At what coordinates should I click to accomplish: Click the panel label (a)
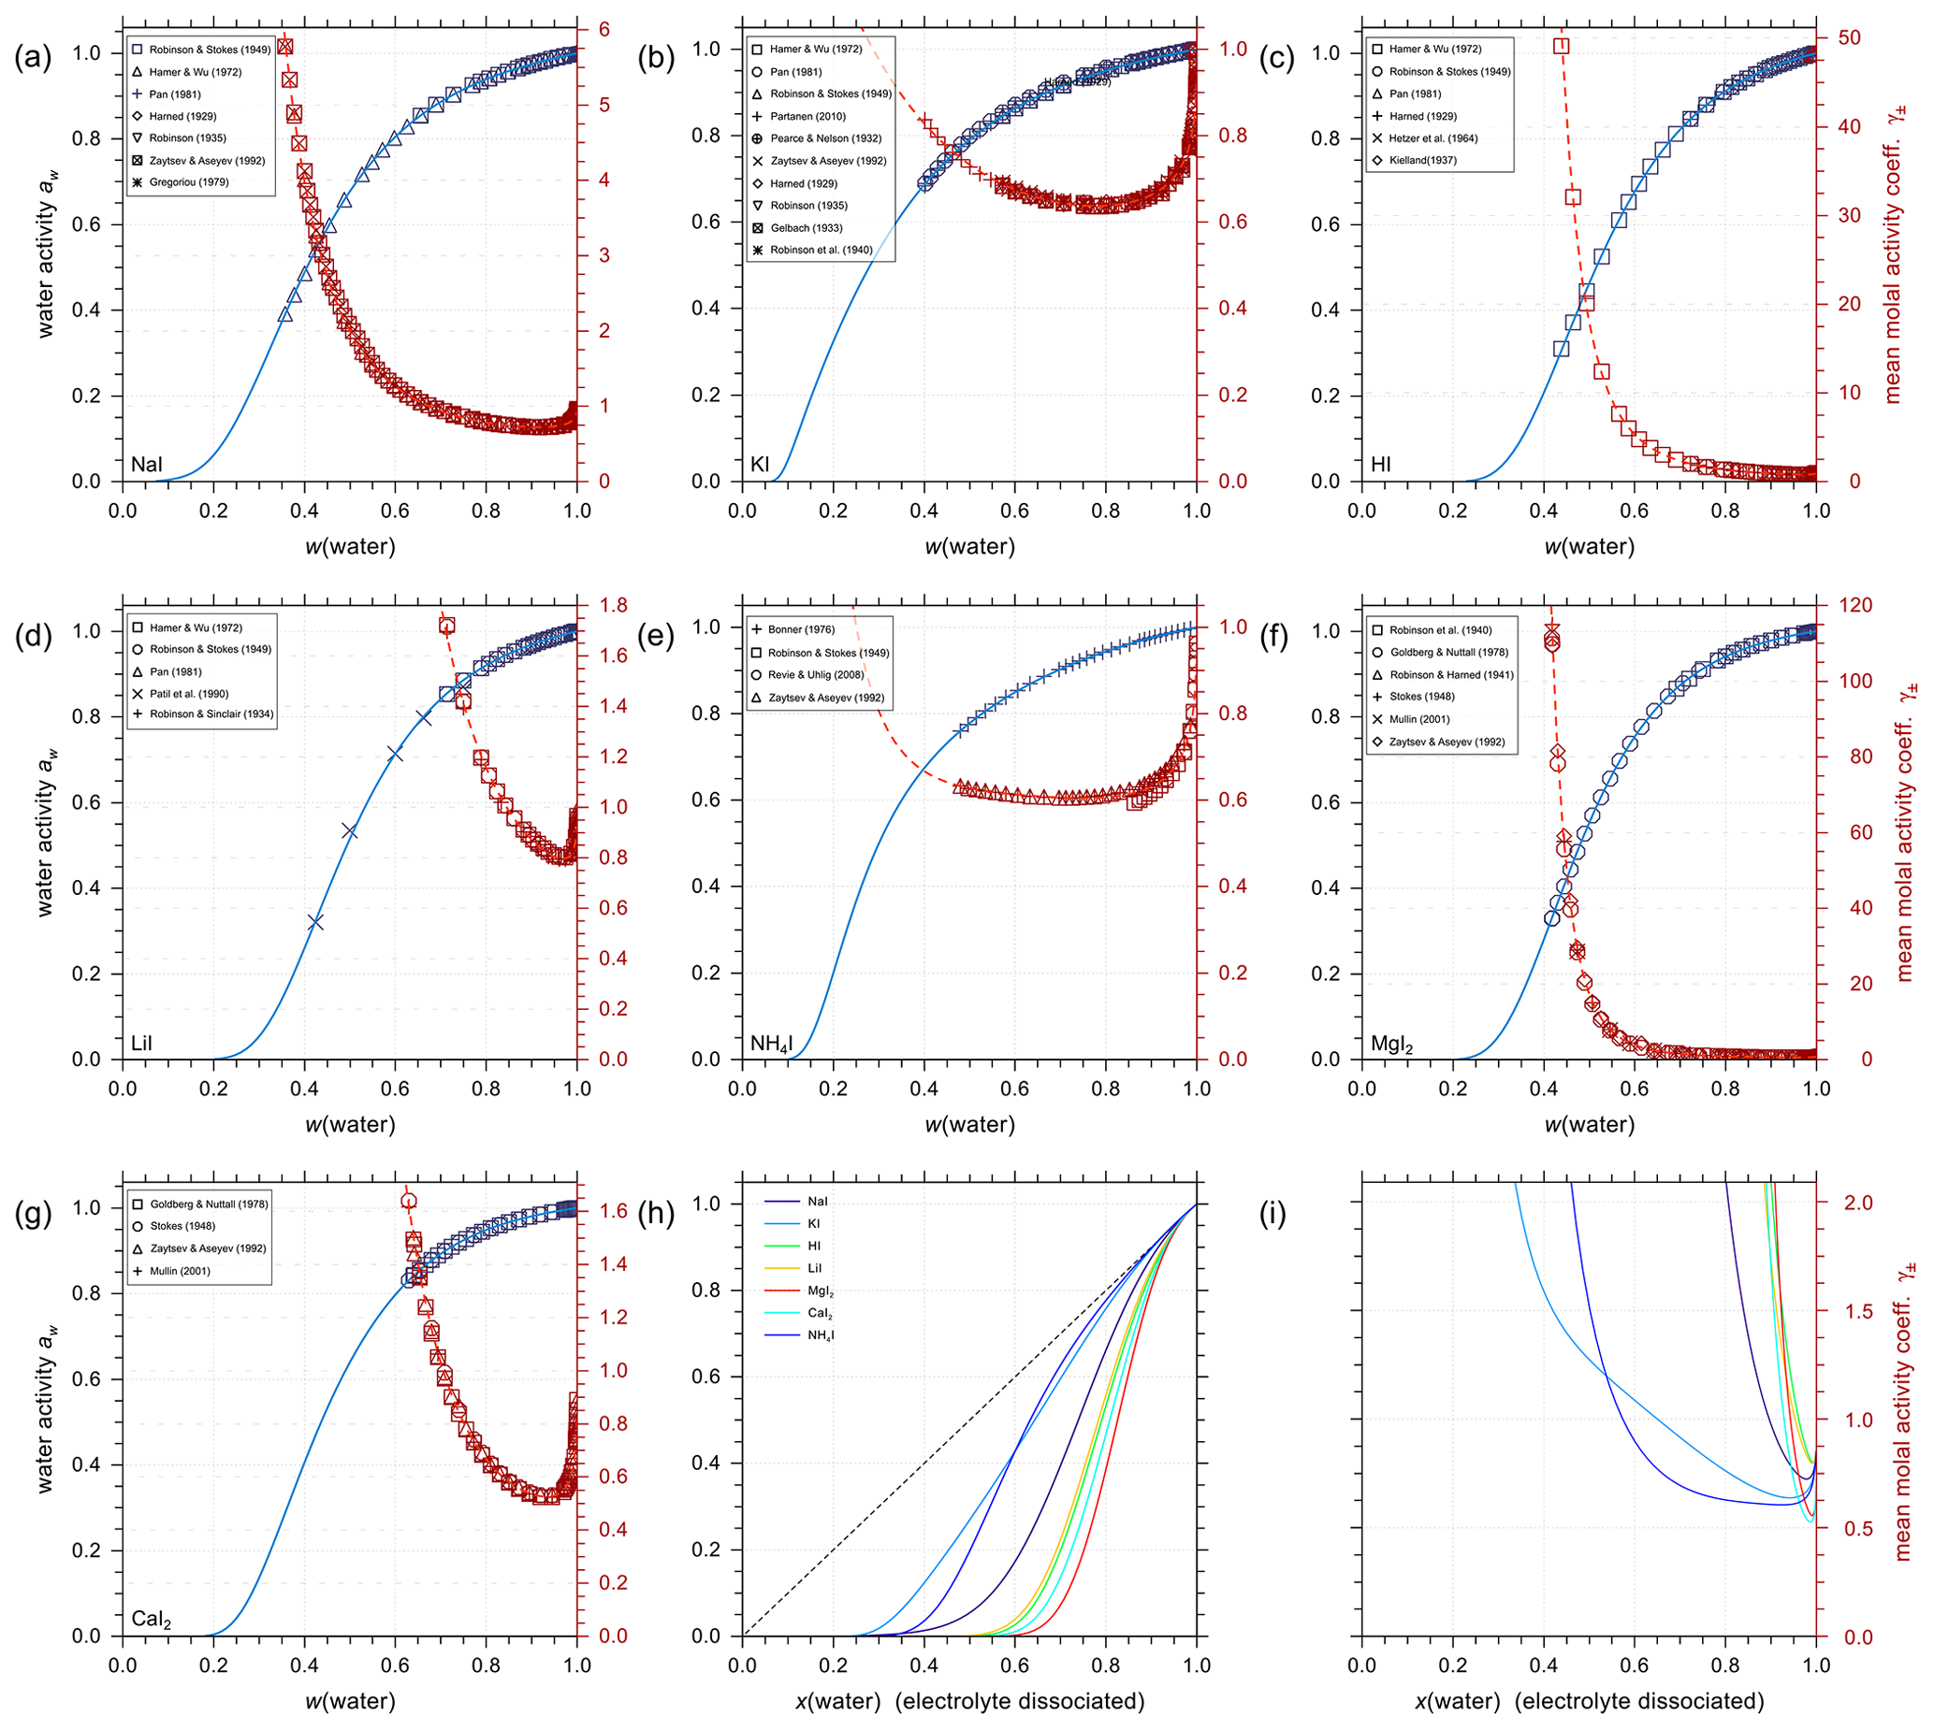33,58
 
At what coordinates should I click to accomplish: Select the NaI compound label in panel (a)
146,465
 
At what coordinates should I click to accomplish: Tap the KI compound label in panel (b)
760,465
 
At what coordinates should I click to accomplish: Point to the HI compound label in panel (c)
1381,465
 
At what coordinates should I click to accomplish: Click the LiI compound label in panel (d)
141,1044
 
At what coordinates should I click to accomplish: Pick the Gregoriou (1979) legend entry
188,182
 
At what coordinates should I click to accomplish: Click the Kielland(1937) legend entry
1422,161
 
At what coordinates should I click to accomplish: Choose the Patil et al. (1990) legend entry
189,694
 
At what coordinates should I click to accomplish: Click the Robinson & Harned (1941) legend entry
1451,675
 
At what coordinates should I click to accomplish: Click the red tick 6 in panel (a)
603,31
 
